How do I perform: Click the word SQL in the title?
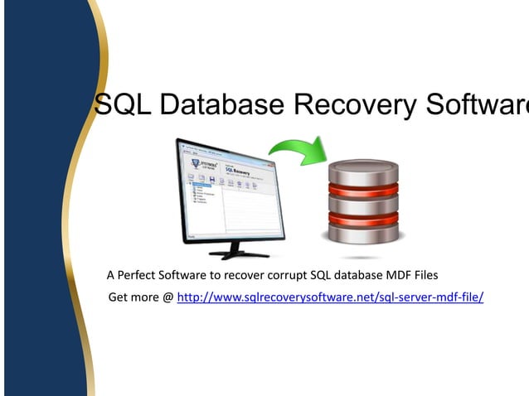[x=121, y=104]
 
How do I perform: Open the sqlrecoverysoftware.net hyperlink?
[x=330, y=297]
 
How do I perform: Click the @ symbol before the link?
[x=168, y=297]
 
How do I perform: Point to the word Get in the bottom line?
[x=119, y=297]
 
